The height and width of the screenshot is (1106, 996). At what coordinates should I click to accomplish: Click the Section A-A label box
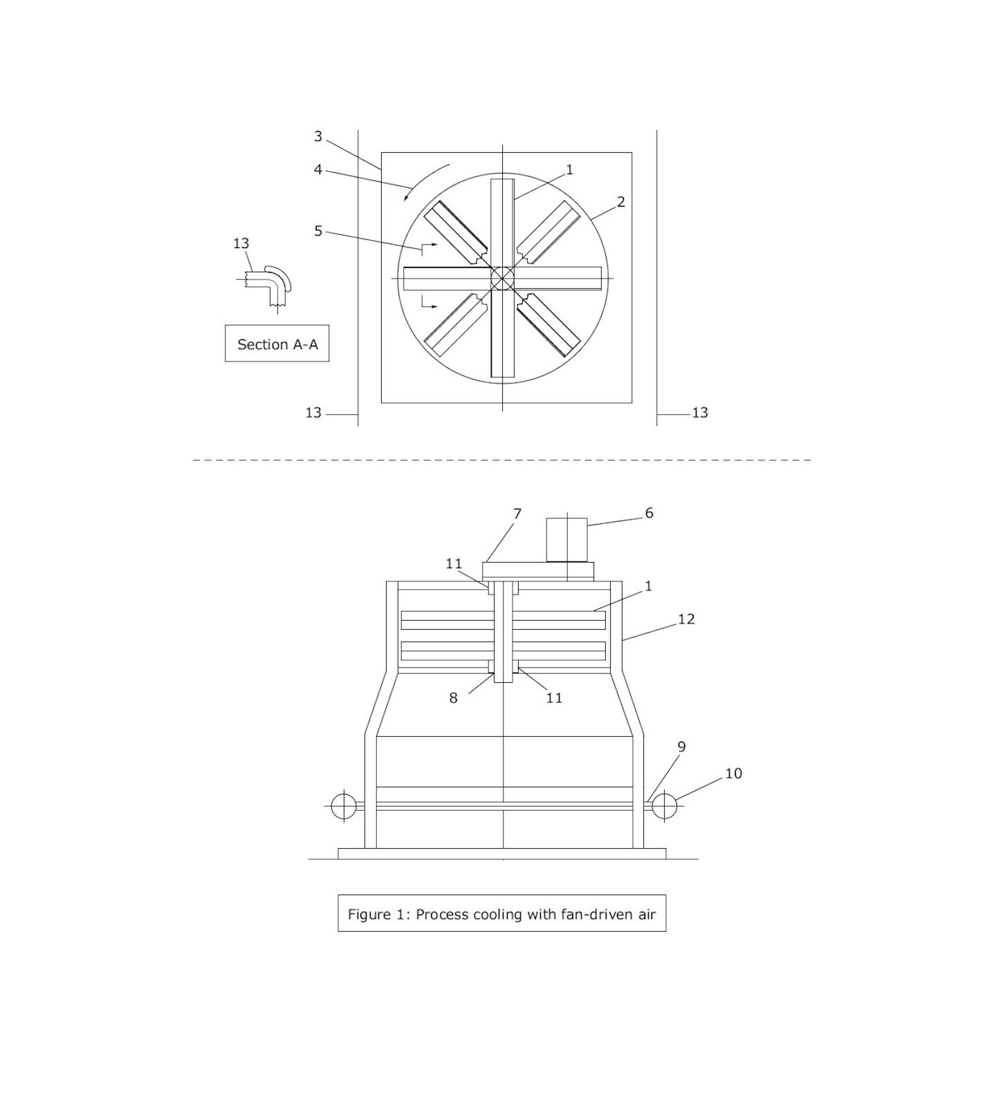click(x=277, y=344)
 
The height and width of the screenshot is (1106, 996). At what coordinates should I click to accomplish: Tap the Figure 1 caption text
click(x=501, y=914)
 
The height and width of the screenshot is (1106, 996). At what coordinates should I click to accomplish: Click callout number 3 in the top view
click(x=318, y=136)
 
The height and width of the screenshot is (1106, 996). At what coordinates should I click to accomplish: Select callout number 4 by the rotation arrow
click(x=318, y=169)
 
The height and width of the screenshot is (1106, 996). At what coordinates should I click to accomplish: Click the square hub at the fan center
click(x=503, y=279)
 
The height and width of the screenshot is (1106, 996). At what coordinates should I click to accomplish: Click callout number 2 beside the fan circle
click(x=620, y=202)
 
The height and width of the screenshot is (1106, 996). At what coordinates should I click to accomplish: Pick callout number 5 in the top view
click(x=318, y=231)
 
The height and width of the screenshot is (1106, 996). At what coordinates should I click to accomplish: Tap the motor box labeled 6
click(x=566, y=540)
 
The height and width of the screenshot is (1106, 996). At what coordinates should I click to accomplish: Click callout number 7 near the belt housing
click(x=517, y=514)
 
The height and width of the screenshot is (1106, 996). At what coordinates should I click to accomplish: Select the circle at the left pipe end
click(x=344, y=806)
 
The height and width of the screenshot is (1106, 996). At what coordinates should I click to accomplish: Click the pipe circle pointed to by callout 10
click(x=665, y=806)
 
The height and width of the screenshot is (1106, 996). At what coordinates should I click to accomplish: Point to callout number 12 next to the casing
click(x=685, y=619)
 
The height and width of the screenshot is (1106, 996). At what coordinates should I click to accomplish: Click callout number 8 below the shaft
click(x=453, y=697)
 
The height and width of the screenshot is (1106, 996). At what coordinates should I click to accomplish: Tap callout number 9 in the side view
click(x=681, y=747)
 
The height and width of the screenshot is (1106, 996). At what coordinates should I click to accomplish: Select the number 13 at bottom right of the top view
click(x=699, y=413)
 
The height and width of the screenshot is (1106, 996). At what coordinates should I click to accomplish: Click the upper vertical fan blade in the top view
click(x=503, y=221)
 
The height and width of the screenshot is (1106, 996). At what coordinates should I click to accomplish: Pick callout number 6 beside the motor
click(x=649, y=513)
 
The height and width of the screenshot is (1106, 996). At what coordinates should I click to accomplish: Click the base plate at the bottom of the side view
click(x=501, y=854)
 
